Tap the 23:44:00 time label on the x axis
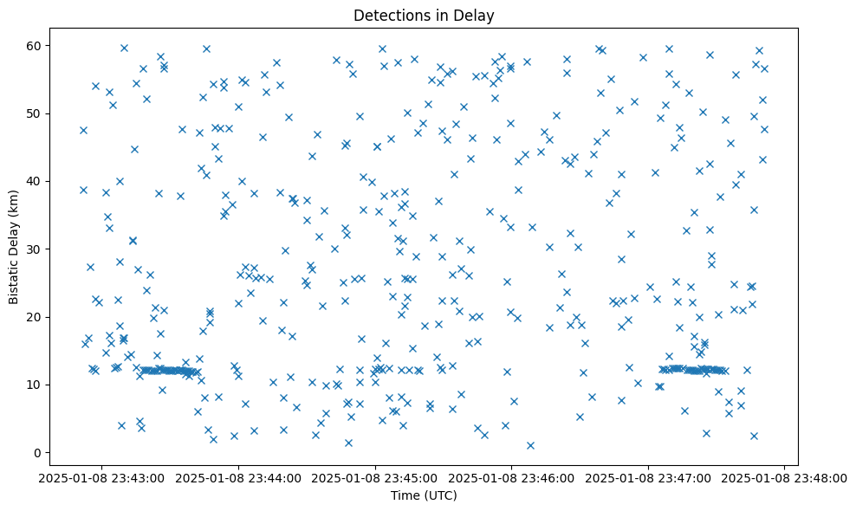239,477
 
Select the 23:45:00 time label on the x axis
375,477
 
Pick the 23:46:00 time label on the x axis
511,477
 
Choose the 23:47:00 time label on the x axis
648,477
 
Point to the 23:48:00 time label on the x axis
784,477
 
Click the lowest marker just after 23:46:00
530,445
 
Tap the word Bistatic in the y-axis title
14,275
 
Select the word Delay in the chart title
476,15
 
